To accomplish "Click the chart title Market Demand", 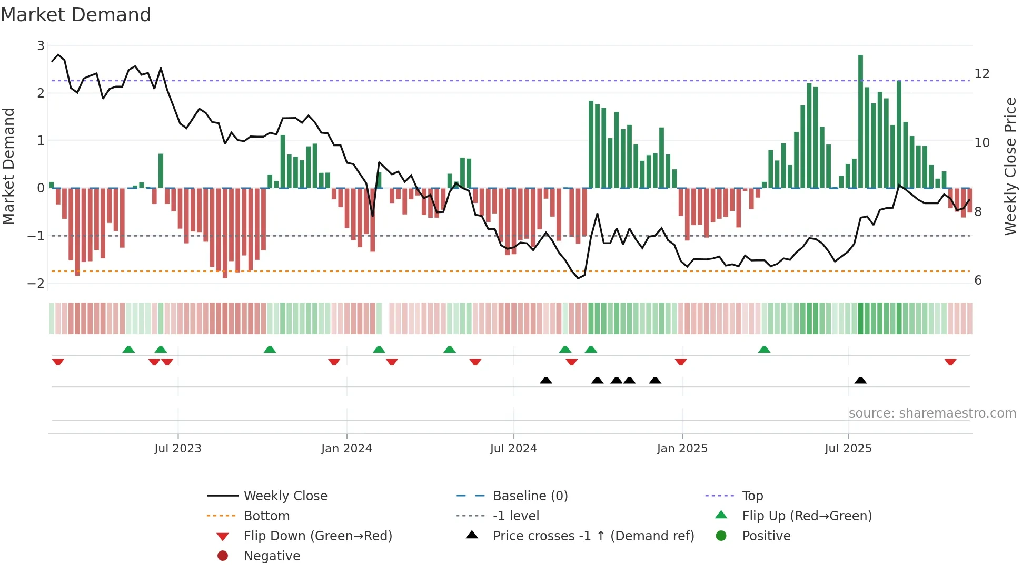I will [76, 15].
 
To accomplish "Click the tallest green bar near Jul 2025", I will [860, 121].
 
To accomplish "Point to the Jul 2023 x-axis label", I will [178, 449].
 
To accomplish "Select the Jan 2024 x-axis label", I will [346, 449].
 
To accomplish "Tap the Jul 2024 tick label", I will [513, 449].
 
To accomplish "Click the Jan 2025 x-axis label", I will [682, 449].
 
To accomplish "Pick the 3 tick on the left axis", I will [41, 46].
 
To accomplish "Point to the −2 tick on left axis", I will [36, 283].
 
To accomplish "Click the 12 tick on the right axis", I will [982, 74].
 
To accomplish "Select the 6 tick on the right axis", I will [978, 280].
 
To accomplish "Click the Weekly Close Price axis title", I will [1010, 166].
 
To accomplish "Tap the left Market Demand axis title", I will [8, 166].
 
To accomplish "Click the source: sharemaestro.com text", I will [932, 413].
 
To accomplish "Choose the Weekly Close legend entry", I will [285, 496].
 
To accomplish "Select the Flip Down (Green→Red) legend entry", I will [317, 536].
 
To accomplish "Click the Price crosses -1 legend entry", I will [593, 536].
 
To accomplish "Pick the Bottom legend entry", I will [266, 516].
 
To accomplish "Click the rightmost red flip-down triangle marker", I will [950, 362].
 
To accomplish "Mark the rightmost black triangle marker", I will [860, 380].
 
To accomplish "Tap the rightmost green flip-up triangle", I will [764, 350].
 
